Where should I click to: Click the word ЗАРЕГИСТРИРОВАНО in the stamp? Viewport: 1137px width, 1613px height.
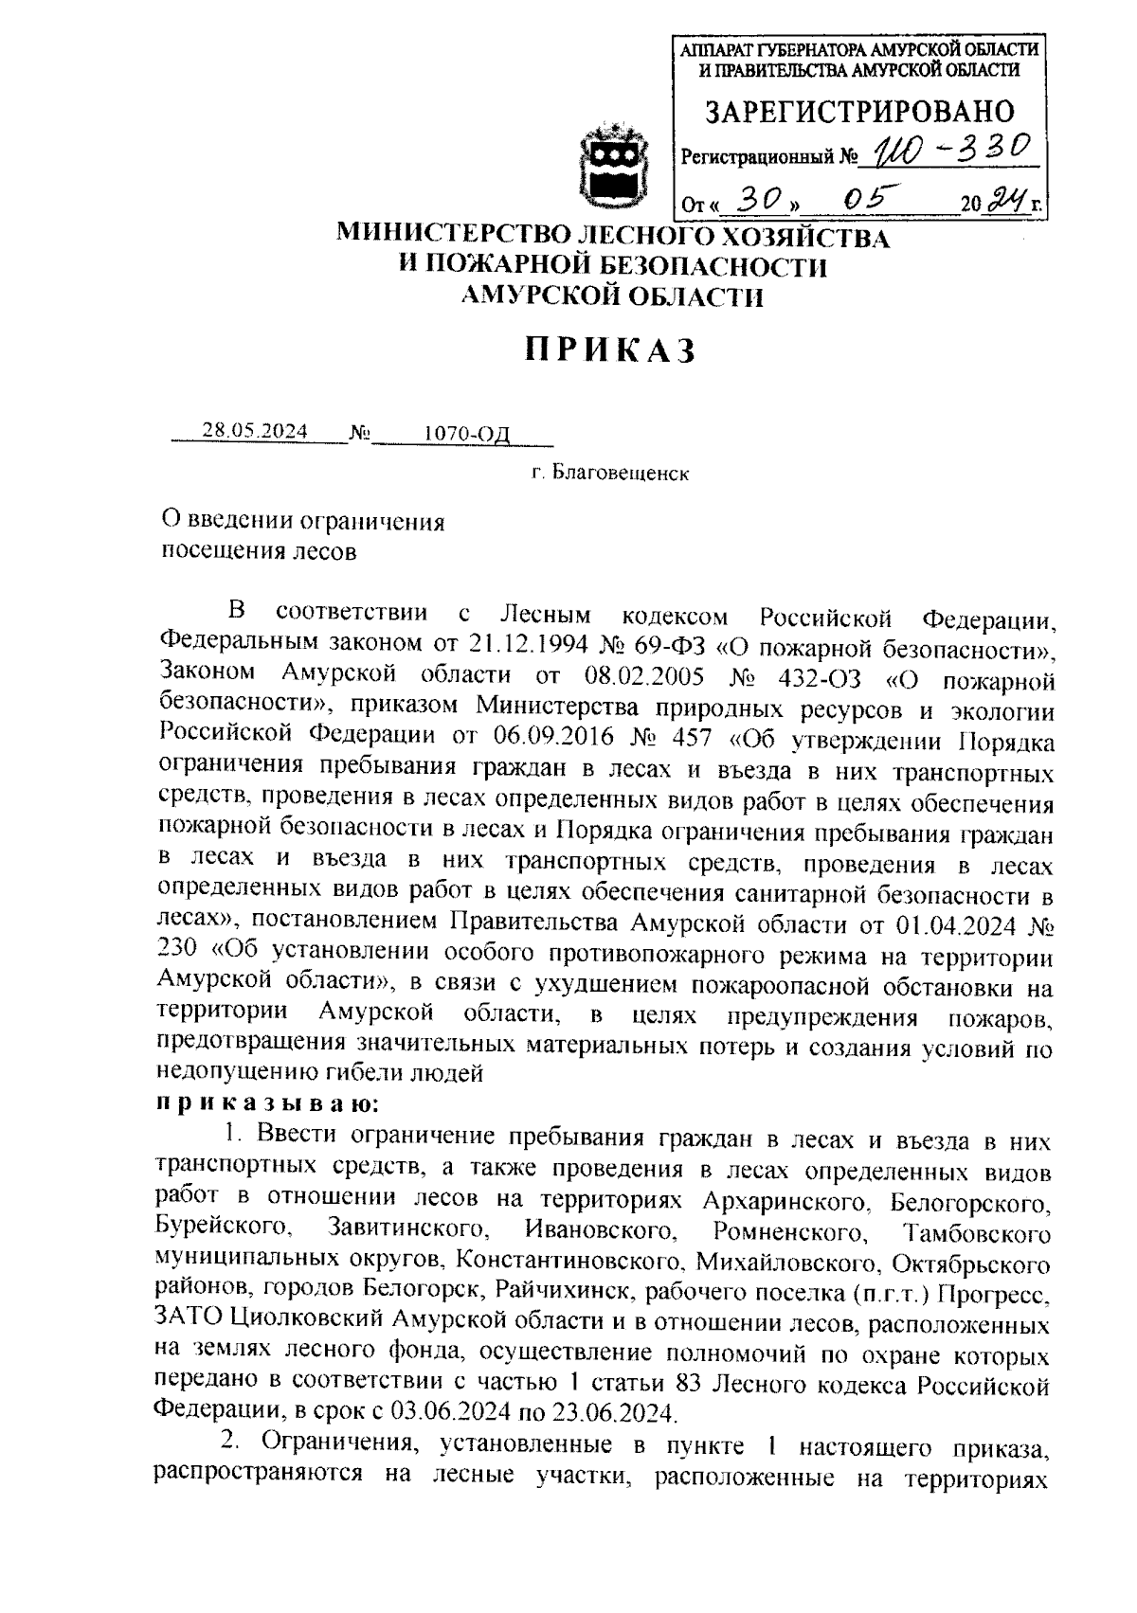click(858, 113)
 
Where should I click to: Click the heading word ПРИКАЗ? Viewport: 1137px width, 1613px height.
click(612, 350)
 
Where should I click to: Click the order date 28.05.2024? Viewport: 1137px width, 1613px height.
click(255, 432)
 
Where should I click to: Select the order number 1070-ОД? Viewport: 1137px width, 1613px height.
click(467, 434)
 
